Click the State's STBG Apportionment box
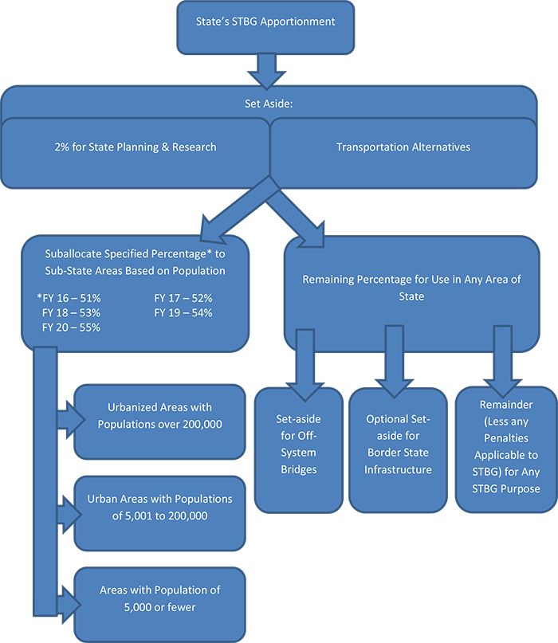tap(265, 27)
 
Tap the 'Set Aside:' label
tap(268, 104)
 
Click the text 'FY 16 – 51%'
tap(69, 298)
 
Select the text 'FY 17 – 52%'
tap(183, 298)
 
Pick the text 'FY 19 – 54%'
tap(183, 312)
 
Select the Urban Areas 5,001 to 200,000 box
tap(159, 508)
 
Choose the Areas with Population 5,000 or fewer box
tap(159, 598)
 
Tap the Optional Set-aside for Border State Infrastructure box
tap(398, 450)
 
